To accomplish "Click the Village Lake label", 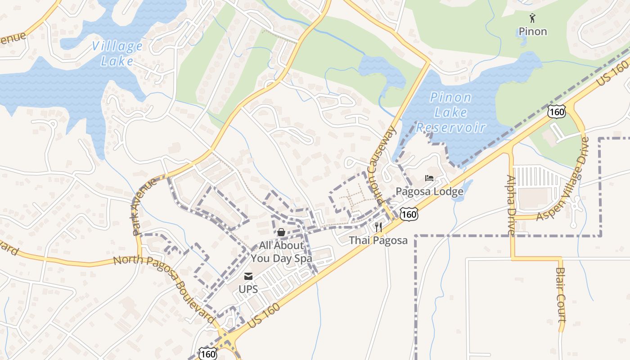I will point(117,53).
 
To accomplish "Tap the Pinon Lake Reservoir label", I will point(450,112).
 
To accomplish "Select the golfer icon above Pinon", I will point(533,18).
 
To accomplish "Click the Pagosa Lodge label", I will point(429,192).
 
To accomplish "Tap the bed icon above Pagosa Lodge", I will point(429,178).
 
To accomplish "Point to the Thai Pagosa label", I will point(378,240).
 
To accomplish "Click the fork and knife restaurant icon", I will point(378,227).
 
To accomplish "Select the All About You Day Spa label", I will point(281,252).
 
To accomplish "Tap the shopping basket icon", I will point(281,232).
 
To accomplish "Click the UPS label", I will point(248,289).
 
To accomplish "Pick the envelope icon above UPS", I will point(248,276).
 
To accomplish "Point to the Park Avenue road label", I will point(145,207).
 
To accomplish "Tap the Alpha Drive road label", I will point(511,204).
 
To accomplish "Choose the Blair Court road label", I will point(561,295).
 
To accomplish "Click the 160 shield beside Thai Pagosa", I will point(409,214).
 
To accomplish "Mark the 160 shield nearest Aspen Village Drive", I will point(557,112).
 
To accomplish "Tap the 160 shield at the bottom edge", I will point(208,354).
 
